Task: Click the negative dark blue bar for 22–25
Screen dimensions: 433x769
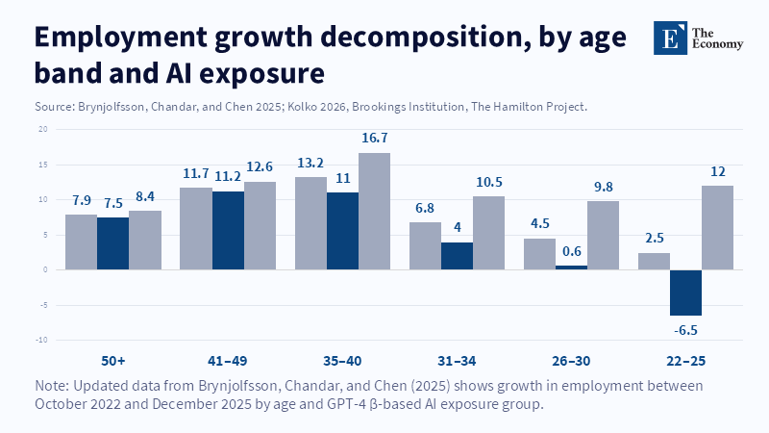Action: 685,293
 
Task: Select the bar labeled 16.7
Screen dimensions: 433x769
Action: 374,211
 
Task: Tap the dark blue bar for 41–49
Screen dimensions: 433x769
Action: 228,230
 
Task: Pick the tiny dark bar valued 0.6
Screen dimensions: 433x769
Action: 571,267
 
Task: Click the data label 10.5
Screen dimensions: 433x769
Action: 488,182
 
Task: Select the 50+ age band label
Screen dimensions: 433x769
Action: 113,361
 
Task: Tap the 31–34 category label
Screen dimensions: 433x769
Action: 457,361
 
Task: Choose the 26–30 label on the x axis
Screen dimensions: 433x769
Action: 571,361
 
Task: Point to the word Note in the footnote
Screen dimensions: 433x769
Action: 52,385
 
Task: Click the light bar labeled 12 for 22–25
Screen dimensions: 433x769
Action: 717,227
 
